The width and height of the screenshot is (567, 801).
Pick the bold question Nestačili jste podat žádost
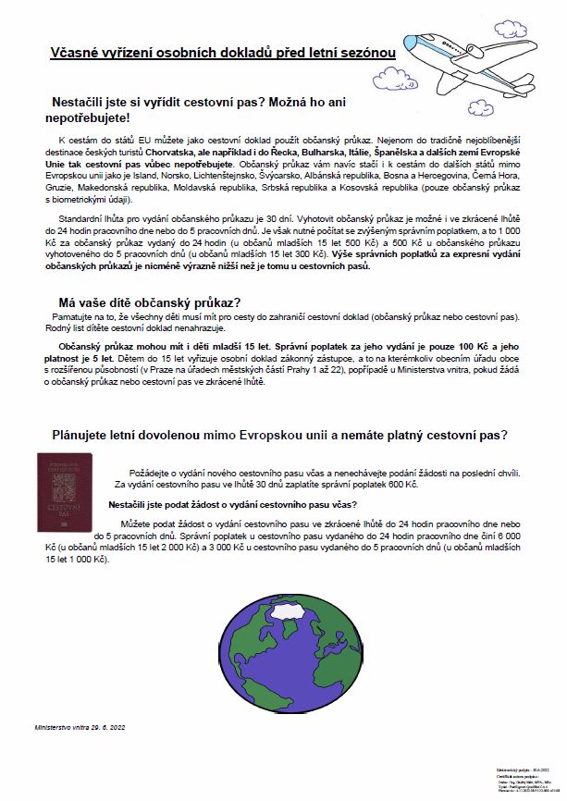(x=231, y=504)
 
